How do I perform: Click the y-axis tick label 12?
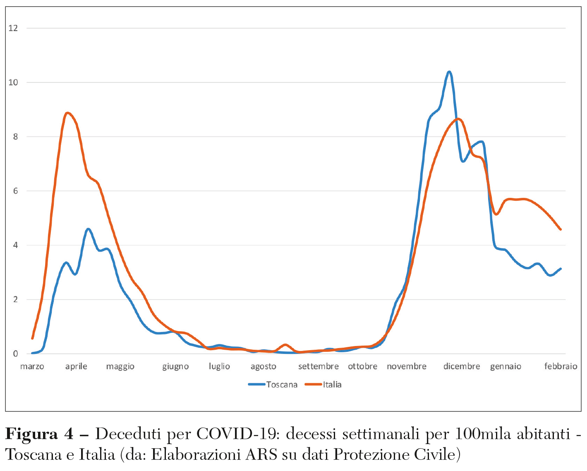(x=13, y=28)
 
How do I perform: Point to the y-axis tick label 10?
(x=13, y=82)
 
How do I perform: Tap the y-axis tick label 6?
(x=15, y=191)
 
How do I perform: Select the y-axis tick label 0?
(x=15, y=354)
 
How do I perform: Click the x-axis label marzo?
(x=32, y=366)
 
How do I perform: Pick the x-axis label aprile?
(x=76, y=366)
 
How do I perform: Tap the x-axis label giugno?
(x=175, y=366)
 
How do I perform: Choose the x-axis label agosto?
(x=263, y=366)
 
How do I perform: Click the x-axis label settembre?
(x=318, y=366)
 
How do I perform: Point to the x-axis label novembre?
(x=406, y=366)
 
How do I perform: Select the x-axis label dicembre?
(x=462, y=366)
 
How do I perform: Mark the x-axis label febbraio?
(x=561, y=366)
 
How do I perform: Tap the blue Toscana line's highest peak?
(x=449, y=72)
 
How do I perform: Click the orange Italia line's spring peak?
(x=68, y=113)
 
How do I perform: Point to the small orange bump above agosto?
(x=285, y=344)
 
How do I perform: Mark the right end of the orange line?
(x=561, y=229)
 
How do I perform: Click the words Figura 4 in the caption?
(x=39, y=434)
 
